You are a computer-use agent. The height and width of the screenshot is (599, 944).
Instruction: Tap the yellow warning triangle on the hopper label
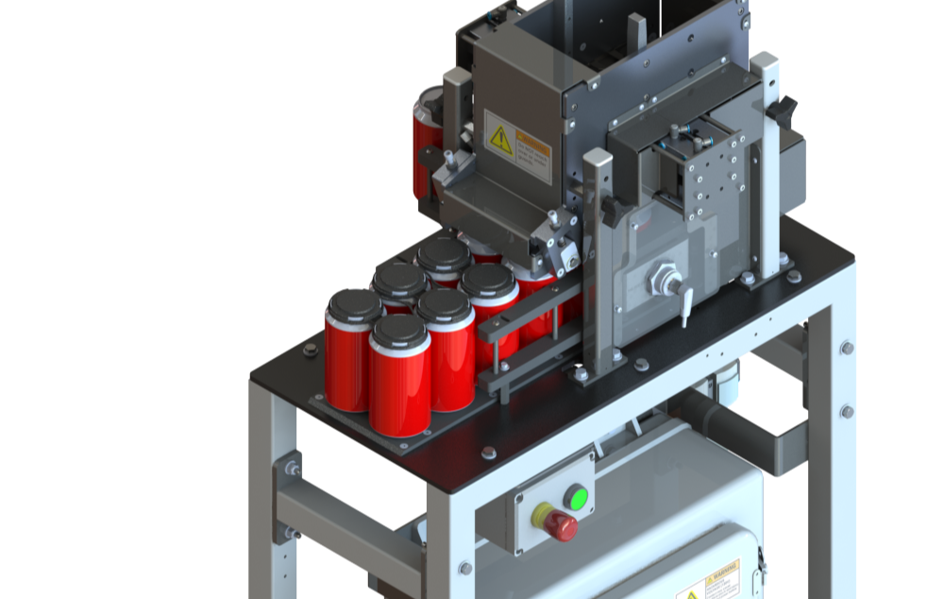(x=499, y=141)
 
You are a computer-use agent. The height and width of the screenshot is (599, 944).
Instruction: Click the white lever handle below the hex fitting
(x=686, y=309)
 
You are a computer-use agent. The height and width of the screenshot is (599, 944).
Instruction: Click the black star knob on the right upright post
(x=782, y=111)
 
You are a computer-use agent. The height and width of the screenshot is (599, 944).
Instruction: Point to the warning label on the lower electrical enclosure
(x=707, y=581)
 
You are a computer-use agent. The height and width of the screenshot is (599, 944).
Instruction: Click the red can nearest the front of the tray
(x=400, y=383)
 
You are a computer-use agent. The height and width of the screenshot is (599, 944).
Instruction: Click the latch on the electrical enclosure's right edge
(x=761, y=568)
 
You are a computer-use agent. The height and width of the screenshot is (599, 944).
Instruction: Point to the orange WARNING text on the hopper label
(x=533, y=146)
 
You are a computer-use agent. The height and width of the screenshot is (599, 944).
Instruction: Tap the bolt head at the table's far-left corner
(x=310, y=349)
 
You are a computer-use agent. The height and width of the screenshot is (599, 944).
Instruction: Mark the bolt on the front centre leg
(x=465, y=567)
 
